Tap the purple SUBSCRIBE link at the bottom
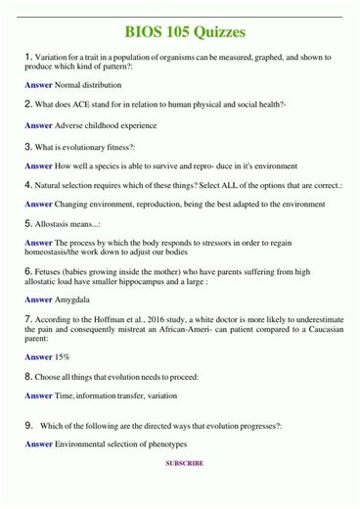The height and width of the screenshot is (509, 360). [x=184, y=490]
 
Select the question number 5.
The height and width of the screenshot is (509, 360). [x=29, y=223]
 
